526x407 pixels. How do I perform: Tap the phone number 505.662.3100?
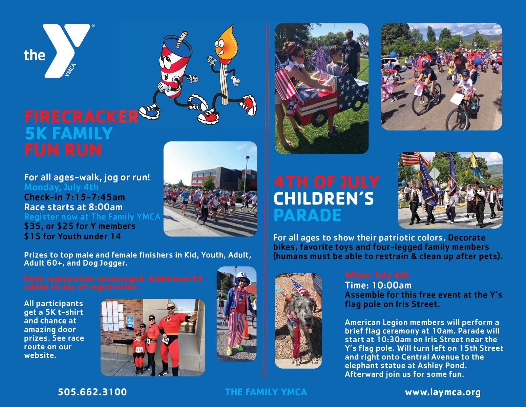coord(92,392)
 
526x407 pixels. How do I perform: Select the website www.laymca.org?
coord(443,392)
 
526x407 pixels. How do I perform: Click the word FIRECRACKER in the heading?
coord(81,117)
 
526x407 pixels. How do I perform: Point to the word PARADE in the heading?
coord(307,215)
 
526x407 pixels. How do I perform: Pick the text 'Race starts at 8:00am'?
coord(73,207)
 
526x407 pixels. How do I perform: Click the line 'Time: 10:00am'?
coord(378,285)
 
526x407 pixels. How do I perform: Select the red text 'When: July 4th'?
coord(377,275)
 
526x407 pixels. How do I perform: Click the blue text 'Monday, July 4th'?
coord(61,187)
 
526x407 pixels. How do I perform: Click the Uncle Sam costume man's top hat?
coord(242,278)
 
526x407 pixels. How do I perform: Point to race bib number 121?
coord(139,350)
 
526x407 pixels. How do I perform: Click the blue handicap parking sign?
coord(130,324)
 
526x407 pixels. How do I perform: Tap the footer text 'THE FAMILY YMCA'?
coord(266,392)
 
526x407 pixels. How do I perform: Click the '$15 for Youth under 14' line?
coord(72,236)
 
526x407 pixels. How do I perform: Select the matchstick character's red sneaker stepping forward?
coord(208,117)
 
